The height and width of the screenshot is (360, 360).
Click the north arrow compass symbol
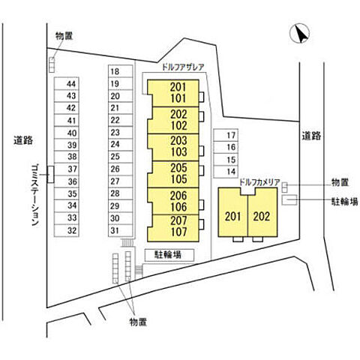pos(299,34)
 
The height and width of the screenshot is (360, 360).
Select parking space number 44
pos(67,83)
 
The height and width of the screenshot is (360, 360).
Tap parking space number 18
pos(120,71)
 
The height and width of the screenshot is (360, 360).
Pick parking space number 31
pos(120,230)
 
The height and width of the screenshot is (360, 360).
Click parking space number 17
pos(226,135)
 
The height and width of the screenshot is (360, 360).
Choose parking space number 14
pos(226,172)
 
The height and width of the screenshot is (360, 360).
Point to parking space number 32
pos(67,230)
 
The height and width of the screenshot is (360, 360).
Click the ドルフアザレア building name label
pos(183,67)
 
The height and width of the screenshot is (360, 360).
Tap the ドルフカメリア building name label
pos(259,182)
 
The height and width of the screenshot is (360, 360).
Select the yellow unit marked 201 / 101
pos(173,93)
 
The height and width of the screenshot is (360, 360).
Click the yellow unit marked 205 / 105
pos(173,174)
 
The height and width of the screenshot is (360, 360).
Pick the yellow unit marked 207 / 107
pos(173,228)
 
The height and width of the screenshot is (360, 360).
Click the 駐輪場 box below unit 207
pos(169,255)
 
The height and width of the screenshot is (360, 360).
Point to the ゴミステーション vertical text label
pos(36,195)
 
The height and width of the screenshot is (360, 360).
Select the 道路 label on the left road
pos(23,140)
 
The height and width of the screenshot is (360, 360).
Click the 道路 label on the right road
pos(311,136)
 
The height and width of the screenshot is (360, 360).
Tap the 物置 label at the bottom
pos(138,322)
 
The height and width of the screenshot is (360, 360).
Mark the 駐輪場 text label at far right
pos(345,202)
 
